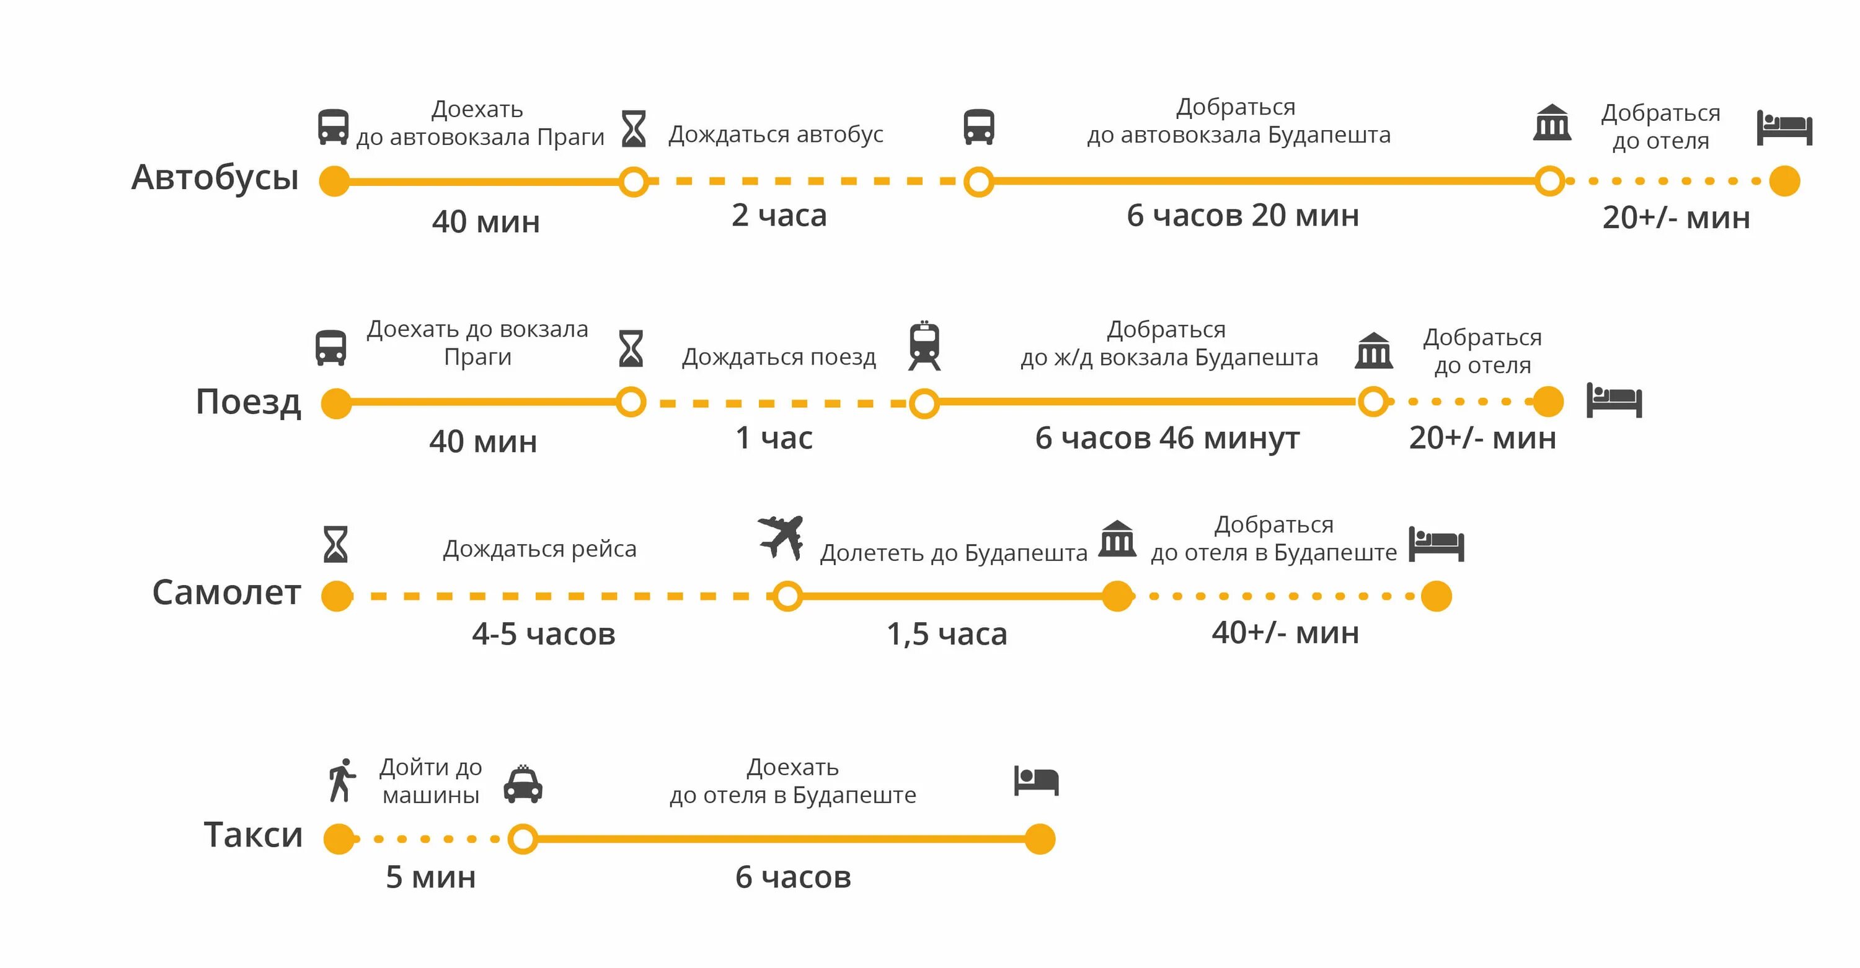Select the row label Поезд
click(x=247, y=402)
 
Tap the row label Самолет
click(x=226, y=592)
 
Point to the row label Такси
click(x=253, y=835)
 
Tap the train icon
click(x=924, y=346)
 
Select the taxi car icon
click(x=523, y=784)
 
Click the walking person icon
click(x=342, y=780)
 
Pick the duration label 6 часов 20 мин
click(x=1242, y=215)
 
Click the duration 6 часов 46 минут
click(x=1167, y=438)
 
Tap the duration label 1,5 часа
click(x=947, y=634)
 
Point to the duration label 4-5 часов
click(x=544, y=634)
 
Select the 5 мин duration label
click(x=430, y=877)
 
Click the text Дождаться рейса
click(x=539, y=548)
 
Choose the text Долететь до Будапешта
click(x=953, y=553)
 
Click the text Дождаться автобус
click(x=776, y=134)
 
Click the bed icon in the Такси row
click(x=1036, y=780)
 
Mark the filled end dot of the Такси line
click(x=1040, y=839)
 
